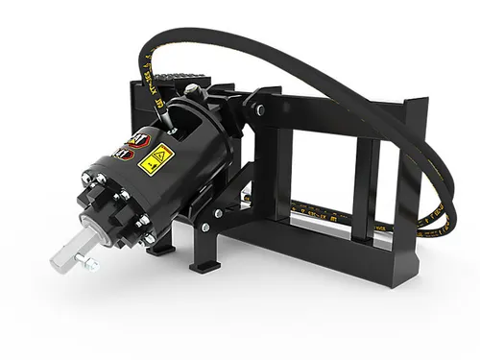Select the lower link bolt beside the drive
coord(218,212)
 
